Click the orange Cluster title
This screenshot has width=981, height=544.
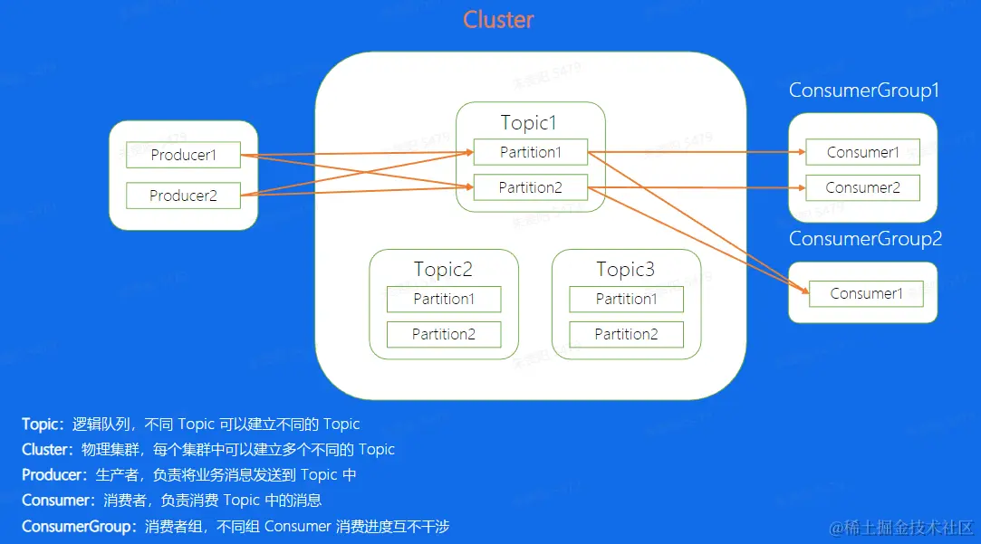498,20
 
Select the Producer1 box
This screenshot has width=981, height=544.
183,155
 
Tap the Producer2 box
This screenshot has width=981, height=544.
183,196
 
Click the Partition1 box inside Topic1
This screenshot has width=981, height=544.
531,152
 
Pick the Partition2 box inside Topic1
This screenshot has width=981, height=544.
531,187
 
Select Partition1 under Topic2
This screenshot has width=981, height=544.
444,299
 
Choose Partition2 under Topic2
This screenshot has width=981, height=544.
444,335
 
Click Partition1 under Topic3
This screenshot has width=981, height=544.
626,299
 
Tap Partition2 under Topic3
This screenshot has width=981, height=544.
626,335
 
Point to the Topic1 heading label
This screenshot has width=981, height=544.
529,122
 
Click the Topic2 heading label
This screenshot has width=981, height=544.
443,269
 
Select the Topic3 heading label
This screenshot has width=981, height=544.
626,269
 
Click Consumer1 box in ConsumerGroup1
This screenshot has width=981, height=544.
862,152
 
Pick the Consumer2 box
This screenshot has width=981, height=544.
862,187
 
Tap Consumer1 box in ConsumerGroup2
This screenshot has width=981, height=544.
867,294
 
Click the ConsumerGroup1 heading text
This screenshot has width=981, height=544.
864,90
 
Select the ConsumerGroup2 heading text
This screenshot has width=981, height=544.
865,238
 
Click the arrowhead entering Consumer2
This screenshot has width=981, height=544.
802,187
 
